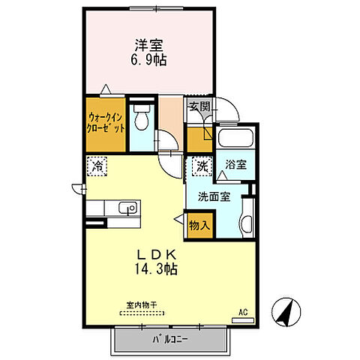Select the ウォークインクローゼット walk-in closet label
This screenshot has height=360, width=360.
coord(106,122)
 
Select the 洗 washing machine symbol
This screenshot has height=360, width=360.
coord(201,166)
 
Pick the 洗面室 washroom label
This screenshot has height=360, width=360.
coord(214,197)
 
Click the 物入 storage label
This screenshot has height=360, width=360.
coord(199,223)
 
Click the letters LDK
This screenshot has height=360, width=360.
coord(156,253)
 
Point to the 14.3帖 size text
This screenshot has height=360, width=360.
coord(156,268)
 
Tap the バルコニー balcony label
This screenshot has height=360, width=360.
coord(173,339)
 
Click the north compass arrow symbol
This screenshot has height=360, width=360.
coord(286,312)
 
